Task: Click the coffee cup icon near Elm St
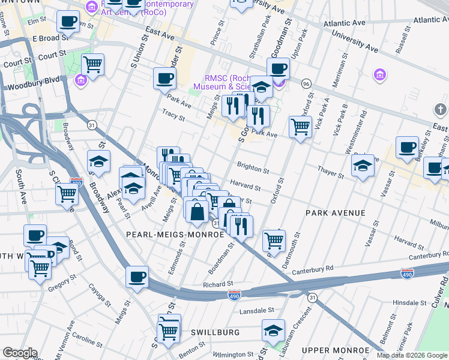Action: [x=68, y=22]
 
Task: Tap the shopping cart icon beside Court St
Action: [x=92, y=64]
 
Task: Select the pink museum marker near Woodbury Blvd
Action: [x=80, y=79]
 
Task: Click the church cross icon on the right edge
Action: [x=439, y=109]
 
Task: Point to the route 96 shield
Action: [x=306, y=83]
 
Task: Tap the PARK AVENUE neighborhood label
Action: [x=335, y=213]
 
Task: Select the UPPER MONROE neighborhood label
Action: [x=336, y=350]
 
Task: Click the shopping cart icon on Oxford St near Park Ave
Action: [x=300, y=126]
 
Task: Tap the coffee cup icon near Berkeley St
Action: [x=407, y=148]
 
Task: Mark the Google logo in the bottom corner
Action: [x=19, y=353]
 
